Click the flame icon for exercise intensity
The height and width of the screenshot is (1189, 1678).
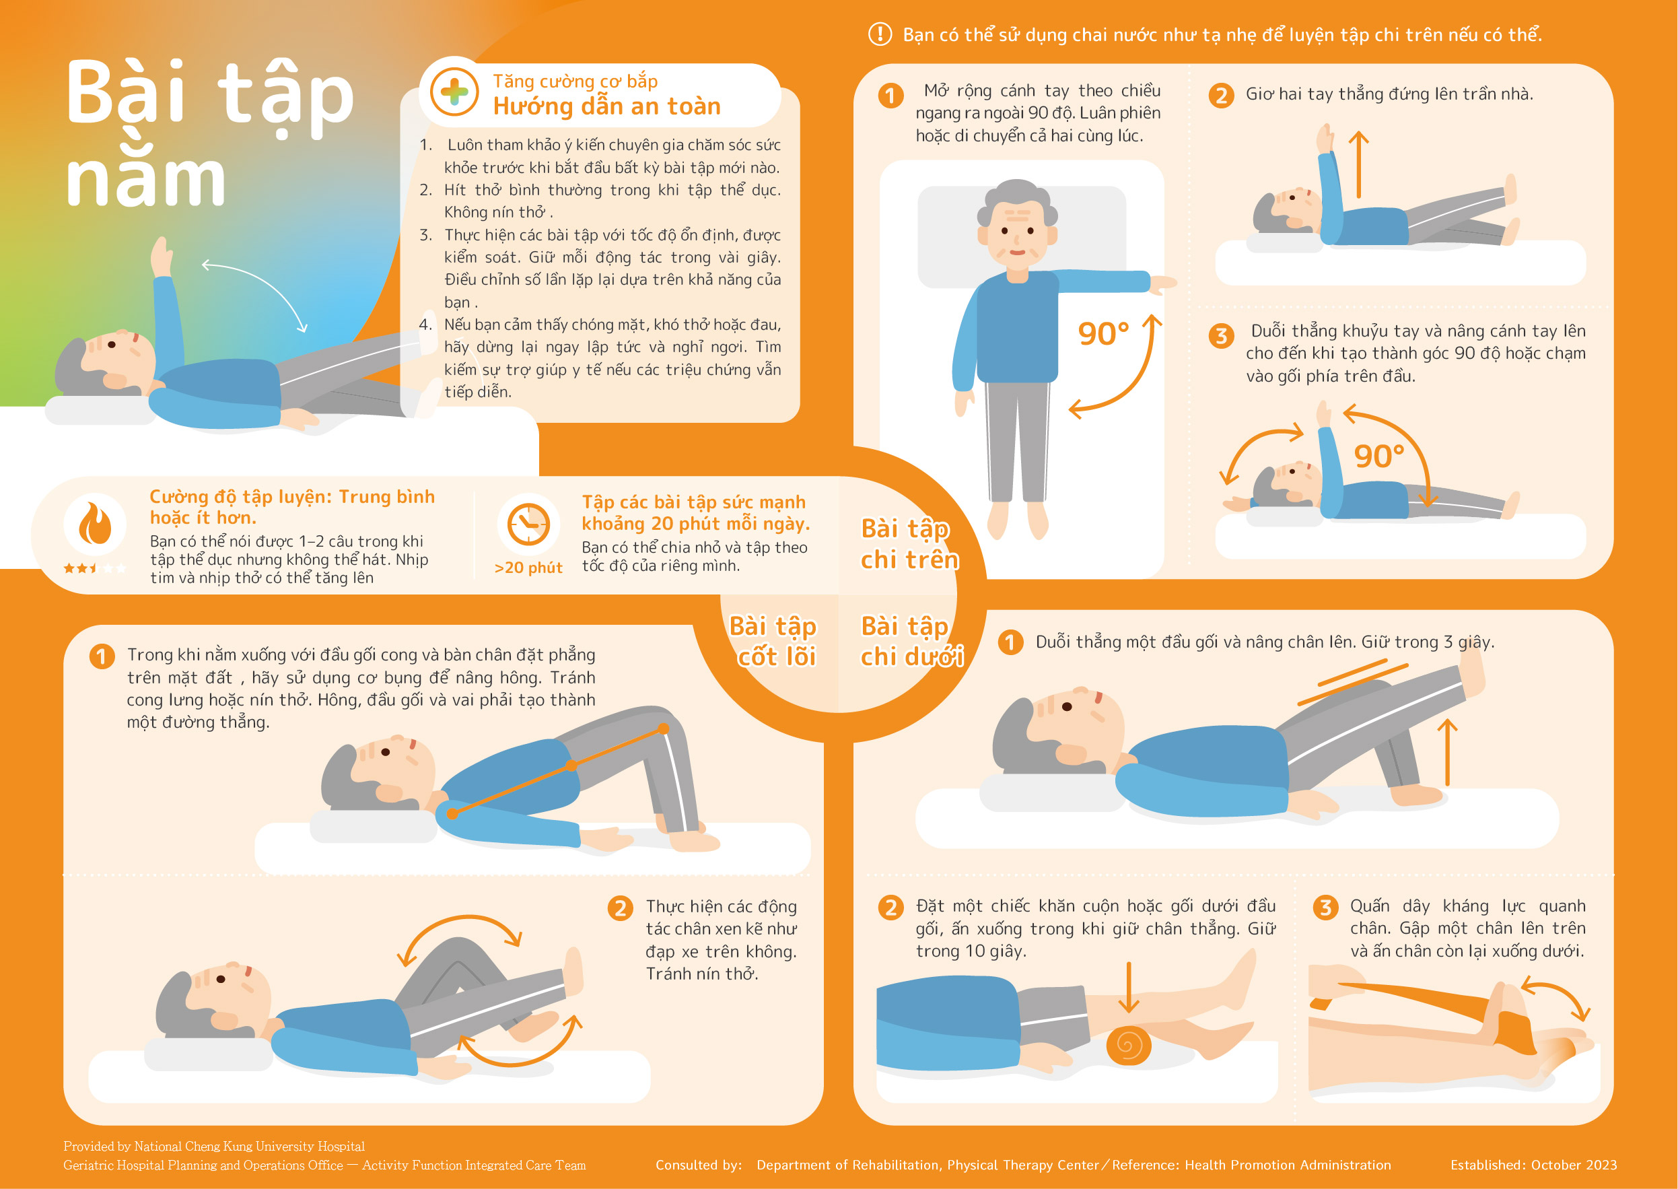(95, 524)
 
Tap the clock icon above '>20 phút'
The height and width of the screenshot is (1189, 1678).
(528, 524)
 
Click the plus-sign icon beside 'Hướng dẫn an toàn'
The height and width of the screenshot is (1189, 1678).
(454, 92)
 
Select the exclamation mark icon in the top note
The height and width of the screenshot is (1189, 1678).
(880, 34)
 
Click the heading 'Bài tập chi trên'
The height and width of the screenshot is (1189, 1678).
(909, 544)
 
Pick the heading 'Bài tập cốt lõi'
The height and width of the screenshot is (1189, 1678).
(774, 641)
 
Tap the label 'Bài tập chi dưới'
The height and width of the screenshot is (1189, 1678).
(912, 641)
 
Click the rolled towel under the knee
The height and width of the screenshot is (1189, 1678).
(1128, 1045)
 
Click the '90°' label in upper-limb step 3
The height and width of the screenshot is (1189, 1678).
(1378, 456)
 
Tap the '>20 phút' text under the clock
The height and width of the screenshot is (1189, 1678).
(528, 568)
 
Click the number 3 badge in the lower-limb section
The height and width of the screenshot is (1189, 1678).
(1325, 908)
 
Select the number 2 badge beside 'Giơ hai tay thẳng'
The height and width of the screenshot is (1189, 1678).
(1220, 95)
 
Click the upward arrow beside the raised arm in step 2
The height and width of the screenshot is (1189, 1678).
(1358, 165)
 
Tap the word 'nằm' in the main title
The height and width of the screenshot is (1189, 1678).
(145, 178)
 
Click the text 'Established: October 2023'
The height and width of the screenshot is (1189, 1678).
(1534, 1165)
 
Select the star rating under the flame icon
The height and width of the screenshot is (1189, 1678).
(95, 568)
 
